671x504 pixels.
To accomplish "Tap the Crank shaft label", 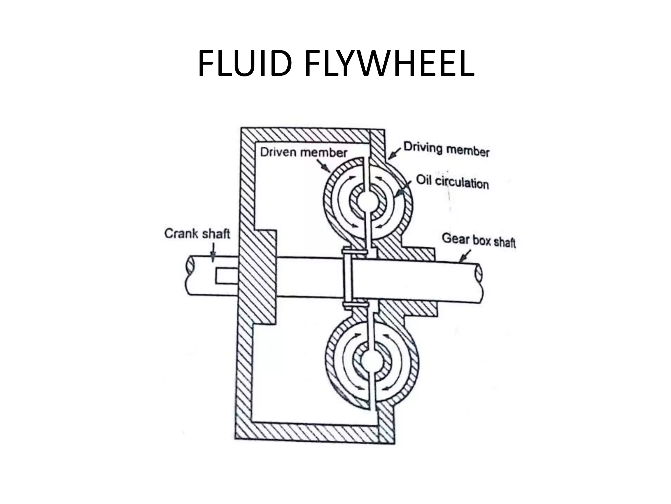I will tap(197, 234).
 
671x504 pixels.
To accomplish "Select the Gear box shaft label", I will tap(479, 241).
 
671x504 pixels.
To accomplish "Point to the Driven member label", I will tap(303, 153).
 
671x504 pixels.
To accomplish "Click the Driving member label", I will tap(446, 149).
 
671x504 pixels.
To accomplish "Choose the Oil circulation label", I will tap(452, 182).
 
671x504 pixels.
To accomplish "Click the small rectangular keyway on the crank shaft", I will tap(226, 276).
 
